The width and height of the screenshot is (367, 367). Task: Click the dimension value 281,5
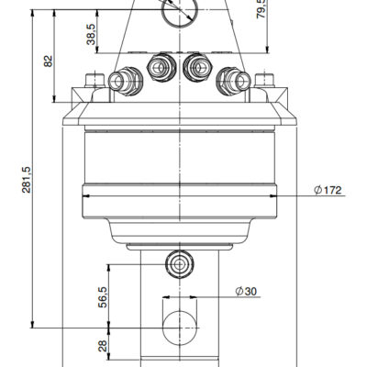click(27, 180)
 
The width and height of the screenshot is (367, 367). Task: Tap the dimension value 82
click(49, 61)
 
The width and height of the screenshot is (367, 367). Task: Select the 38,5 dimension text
click(91, 34)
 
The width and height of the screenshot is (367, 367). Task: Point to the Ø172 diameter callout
click(328, 190)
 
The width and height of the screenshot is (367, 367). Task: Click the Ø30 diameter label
click(246, 292)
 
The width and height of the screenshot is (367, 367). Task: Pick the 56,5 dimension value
click(103, 297)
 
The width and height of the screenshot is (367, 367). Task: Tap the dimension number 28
click(103, 346)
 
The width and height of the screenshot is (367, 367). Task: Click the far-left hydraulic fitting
click(126, 81)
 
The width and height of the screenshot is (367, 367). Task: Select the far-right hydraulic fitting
click(233, 81)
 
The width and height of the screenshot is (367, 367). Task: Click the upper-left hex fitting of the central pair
click(161, 67)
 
